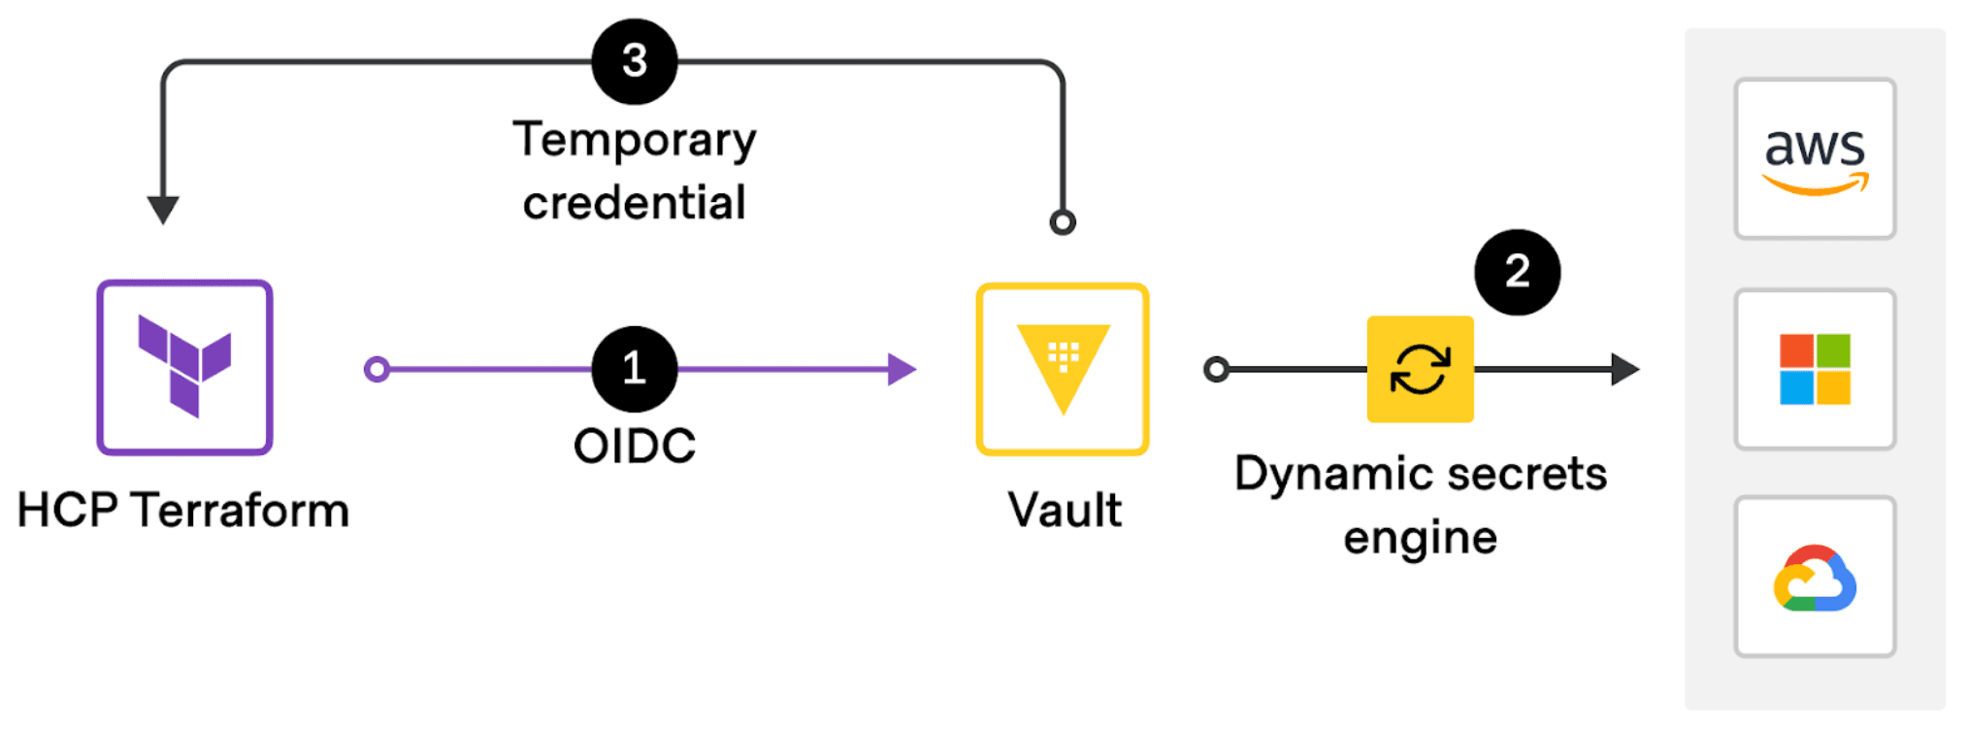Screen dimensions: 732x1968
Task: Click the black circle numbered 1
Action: [x=635, y=369]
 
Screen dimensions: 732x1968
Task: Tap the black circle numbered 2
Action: [x=1517, y=272]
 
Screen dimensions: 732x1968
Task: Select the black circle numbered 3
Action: [x=635, y=61]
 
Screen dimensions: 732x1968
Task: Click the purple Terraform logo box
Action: [x=184, y=368]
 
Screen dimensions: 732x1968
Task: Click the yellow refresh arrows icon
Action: [x=1420, y=369]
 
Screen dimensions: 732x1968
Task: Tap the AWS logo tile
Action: [x=1815, y=158]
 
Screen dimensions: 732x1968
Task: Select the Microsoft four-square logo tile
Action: [x=1815, y=369]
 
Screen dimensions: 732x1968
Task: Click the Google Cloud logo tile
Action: [x=1815, y=578]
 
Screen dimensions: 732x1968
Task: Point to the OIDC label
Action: [x=635, y=447]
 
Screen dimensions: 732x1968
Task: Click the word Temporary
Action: [x=635, y=141]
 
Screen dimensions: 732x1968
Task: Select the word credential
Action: [x=635, y=203]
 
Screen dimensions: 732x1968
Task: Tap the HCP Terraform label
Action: [x=183, y=511]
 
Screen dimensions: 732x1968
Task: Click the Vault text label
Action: [x=1065, y=511]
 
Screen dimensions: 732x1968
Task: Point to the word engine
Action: [x=1420, y=538]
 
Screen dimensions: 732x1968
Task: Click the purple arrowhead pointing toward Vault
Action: [x=901, y=369]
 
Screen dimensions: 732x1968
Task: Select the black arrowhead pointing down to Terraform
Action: [x=163, y=209]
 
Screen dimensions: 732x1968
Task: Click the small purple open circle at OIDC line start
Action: [x=377, y=369]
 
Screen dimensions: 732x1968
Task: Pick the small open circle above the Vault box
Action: [x=1063, y=222]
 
